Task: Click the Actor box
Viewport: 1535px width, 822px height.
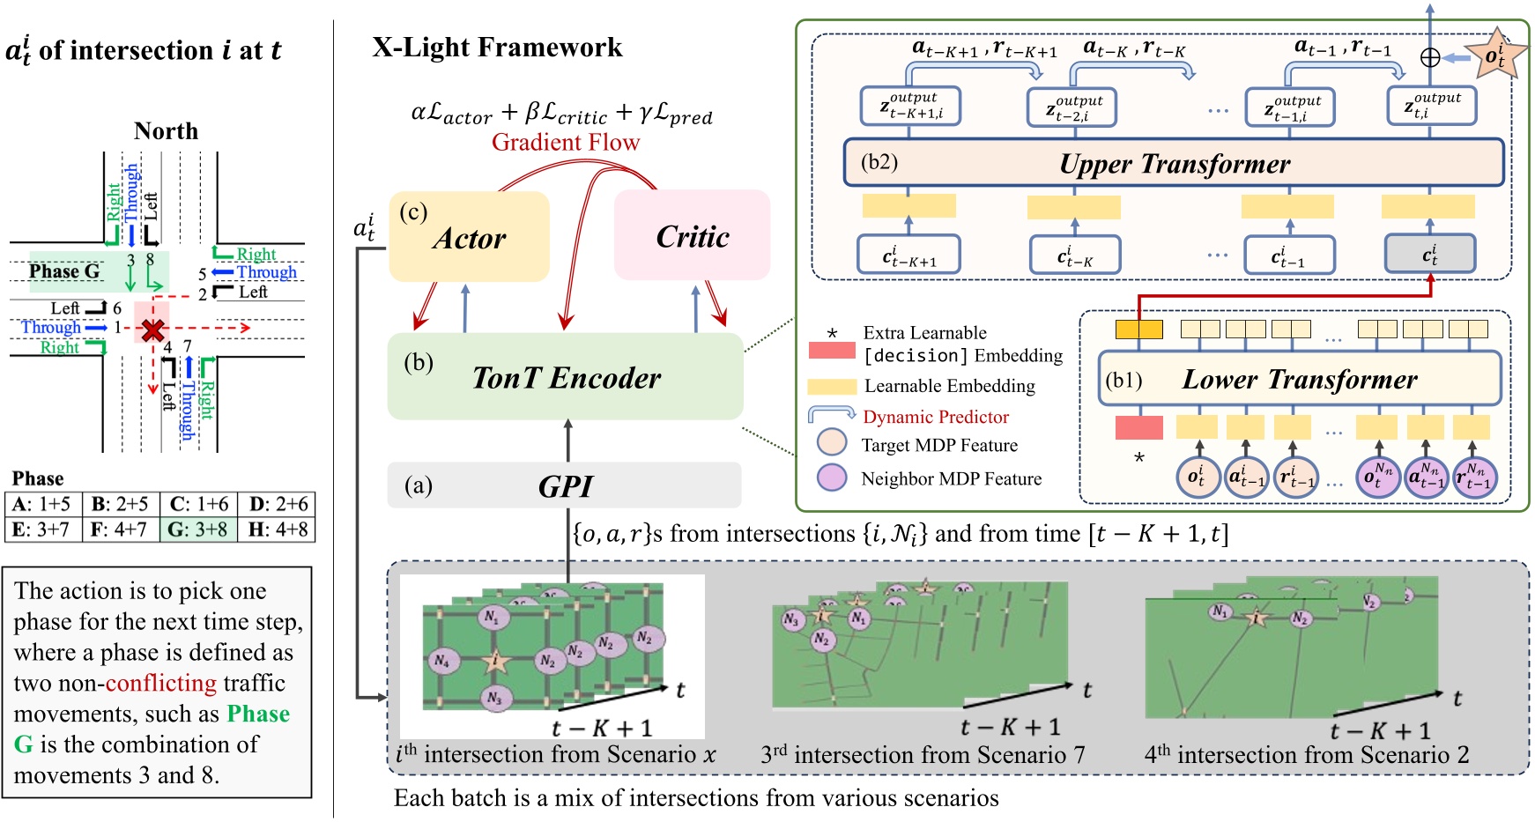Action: point(469,237)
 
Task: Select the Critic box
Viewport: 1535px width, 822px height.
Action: point(692,235)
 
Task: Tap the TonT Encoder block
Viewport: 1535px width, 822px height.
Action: point(565,376)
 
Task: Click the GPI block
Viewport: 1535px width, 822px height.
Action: point(564,485)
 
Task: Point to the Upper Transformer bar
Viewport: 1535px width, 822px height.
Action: point(1173,163)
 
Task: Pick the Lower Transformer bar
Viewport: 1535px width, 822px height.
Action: point(1299,379)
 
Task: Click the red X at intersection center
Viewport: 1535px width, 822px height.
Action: point(153,330)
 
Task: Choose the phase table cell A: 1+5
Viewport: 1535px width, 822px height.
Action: point(42,504)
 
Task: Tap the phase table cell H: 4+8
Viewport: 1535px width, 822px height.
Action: point(277,529)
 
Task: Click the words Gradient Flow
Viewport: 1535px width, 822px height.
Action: point(565,142)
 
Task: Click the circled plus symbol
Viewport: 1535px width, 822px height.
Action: point(1430,57)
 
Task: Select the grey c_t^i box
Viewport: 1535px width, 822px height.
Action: point(1429,255)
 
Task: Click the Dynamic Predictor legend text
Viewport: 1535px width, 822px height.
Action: point(935,417)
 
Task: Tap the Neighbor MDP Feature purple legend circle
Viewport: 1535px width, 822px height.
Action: point(831,478)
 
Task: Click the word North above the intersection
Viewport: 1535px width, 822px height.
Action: point(166,130)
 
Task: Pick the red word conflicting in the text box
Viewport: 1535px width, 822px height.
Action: point(160,683)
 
